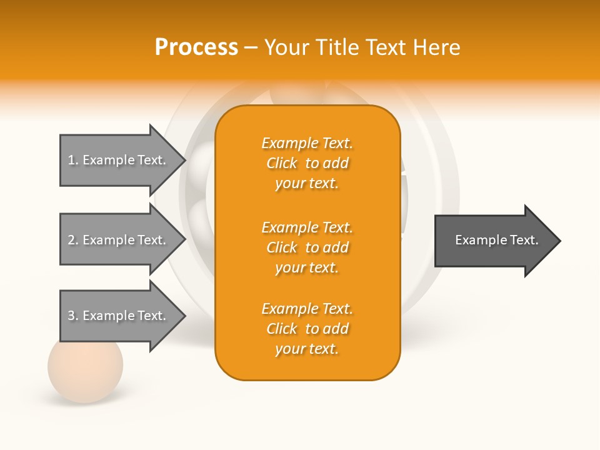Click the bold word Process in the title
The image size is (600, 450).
click(x=196, y=47)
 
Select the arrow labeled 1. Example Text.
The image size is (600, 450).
click(x=119, y=160)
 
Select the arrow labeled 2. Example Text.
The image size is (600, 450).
click(x=119, y=240)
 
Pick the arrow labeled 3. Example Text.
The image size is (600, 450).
click(x=119, y=316)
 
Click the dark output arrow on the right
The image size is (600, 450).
click(x=494, y=240)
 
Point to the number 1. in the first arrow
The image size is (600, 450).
click(x=73, y=160)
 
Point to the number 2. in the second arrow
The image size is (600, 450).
click(x=73, y=240)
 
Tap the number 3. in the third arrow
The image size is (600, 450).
click(x=73, y=316)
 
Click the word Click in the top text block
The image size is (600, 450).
click(x=282, y=163)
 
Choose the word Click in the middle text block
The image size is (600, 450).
click(x=282, y=247)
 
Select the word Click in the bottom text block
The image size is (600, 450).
click(x=282, y=329)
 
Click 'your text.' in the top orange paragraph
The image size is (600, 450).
click(x=307, y=183)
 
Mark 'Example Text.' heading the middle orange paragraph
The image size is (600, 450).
click(x=307, y=227)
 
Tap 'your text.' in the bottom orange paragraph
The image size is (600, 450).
click(x=307, y=349)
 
